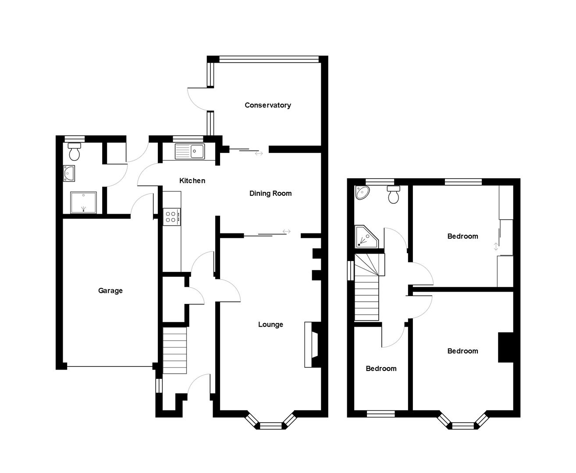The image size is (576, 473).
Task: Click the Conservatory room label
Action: (267, 105)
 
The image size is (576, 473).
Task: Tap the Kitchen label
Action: (192, 180)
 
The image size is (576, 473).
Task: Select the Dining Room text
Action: (270, 193)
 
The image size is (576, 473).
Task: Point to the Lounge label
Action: (270, 325)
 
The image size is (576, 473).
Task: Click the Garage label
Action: (110, 290)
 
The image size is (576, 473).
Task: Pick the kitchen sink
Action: (189, 152)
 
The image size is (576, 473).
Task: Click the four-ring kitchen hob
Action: (171, 216)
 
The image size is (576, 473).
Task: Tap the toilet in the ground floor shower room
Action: (75, 151)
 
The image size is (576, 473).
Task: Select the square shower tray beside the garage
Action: (83, 202)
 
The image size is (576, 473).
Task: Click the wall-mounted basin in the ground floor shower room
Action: (69, 173)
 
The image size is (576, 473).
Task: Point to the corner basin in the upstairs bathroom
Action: (363, 193)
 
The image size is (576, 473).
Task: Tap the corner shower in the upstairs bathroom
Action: (365, 236)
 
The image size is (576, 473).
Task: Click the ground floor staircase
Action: (175, 350)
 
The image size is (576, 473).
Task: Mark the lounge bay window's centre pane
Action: (271, 425)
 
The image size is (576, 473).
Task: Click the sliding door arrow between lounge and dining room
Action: (287, 231)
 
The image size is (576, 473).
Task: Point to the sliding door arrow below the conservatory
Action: (259, 153)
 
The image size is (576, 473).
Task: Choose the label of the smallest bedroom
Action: (381, 369)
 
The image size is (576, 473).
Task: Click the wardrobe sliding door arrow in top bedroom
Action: (496, 247)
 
